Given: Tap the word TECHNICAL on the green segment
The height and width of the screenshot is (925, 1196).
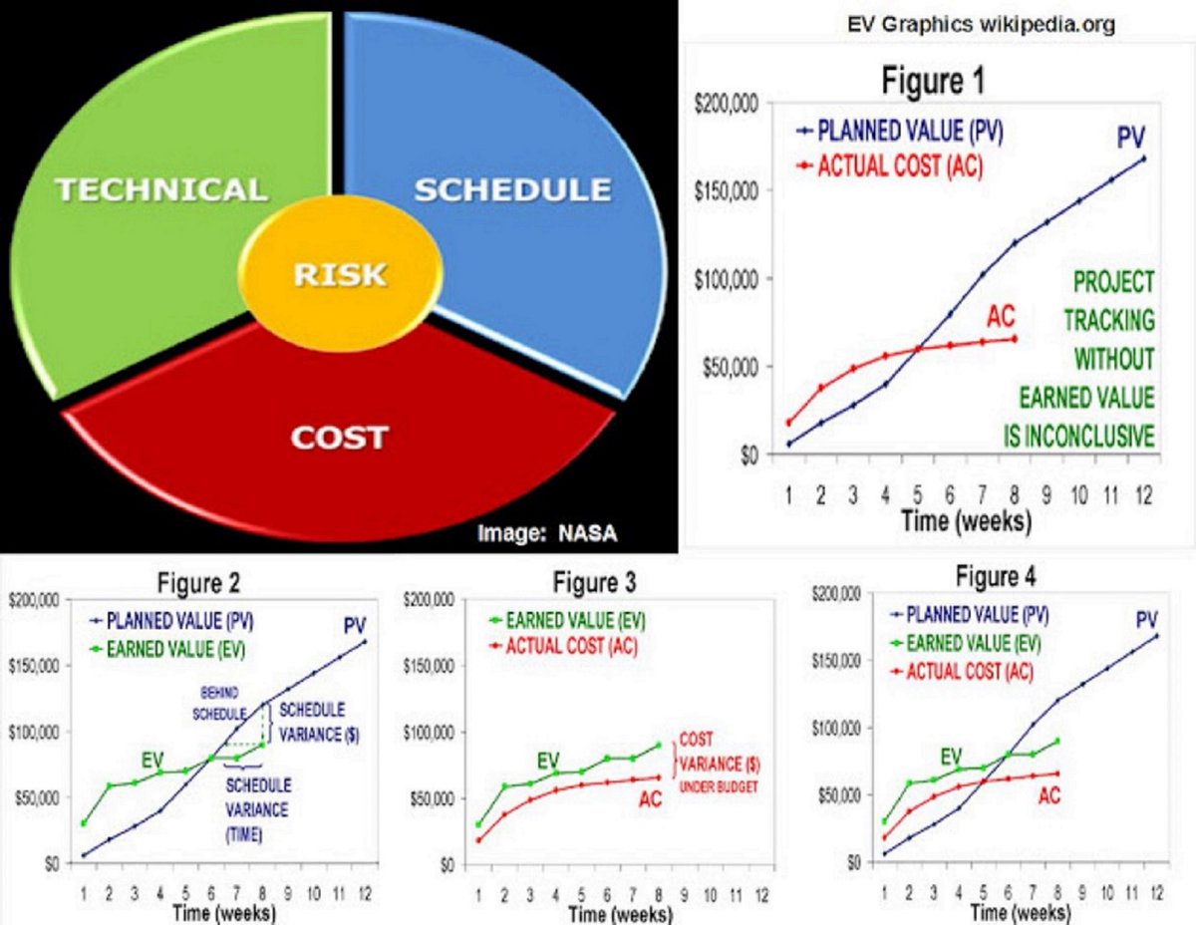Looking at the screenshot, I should pos(160,189).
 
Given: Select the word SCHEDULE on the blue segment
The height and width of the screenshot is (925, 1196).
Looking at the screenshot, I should pos(512,189).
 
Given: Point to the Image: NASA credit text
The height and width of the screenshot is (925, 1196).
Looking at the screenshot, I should pos(547,532).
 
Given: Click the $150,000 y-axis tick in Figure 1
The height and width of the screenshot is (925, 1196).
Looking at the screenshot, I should pos(727,191).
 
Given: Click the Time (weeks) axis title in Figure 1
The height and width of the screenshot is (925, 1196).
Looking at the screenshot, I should pos(966,520).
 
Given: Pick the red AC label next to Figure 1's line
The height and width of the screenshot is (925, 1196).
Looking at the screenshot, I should pos(1001,317).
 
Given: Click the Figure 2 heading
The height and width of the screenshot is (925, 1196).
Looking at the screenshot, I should pos(199,583).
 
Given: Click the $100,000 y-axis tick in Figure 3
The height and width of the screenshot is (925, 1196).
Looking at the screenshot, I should pos(428,733).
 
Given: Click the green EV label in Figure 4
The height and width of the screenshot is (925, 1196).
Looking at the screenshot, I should pos(951,755).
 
